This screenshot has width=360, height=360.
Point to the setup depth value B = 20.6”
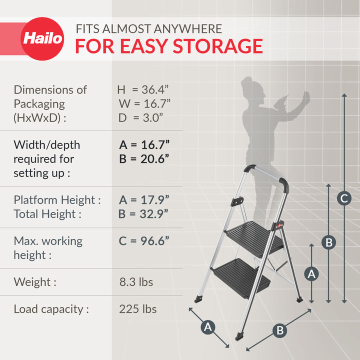144,159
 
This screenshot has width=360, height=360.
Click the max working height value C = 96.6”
144,241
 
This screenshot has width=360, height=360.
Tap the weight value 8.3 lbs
136,282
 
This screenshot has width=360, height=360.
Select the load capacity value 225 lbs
137,309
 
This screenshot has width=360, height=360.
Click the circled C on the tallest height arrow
343,198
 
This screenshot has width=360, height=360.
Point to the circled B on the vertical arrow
328,242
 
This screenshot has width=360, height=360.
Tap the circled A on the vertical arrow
312,273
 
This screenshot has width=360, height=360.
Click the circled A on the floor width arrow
208,327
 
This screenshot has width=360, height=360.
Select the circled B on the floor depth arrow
280,330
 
